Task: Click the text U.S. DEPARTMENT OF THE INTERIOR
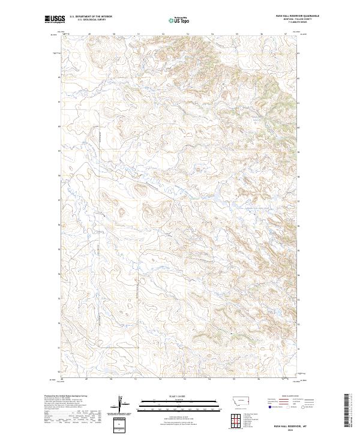tap(91, 17)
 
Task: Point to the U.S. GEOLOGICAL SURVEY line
tap(91, 20)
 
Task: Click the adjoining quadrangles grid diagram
tap(235, 419)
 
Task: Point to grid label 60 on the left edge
tap(59, 127)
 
